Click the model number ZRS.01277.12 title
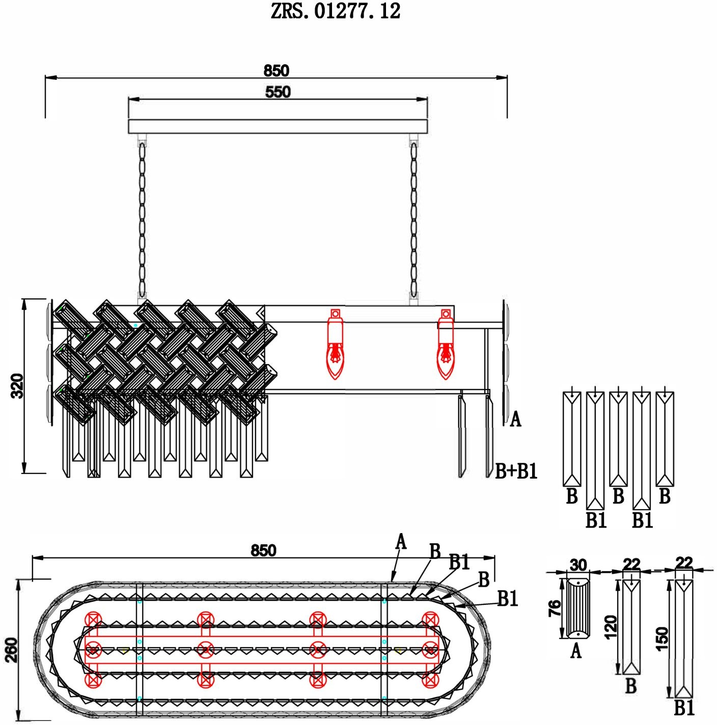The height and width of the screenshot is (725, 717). (336, 11)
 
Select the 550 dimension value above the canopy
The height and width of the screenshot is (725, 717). (278, 92)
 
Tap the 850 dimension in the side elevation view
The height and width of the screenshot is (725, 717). (276, 70)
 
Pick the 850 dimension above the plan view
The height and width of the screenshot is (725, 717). (263, 550)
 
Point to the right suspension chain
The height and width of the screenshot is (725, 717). (413, 219)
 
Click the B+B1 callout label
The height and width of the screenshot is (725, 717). (516, 471)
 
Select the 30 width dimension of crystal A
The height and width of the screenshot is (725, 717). (578, 565)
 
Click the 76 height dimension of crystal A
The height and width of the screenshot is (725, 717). (555, 608)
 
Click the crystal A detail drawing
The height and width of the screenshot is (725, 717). (578, 608)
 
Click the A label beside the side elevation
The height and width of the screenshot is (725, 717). (516, 420)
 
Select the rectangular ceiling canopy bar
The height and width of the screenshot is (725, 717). (278, 126)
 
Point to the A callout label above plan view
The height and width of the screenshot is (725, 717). (401, 542)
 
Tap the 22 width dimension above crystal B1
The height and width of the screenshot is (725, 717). (684, 563)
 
